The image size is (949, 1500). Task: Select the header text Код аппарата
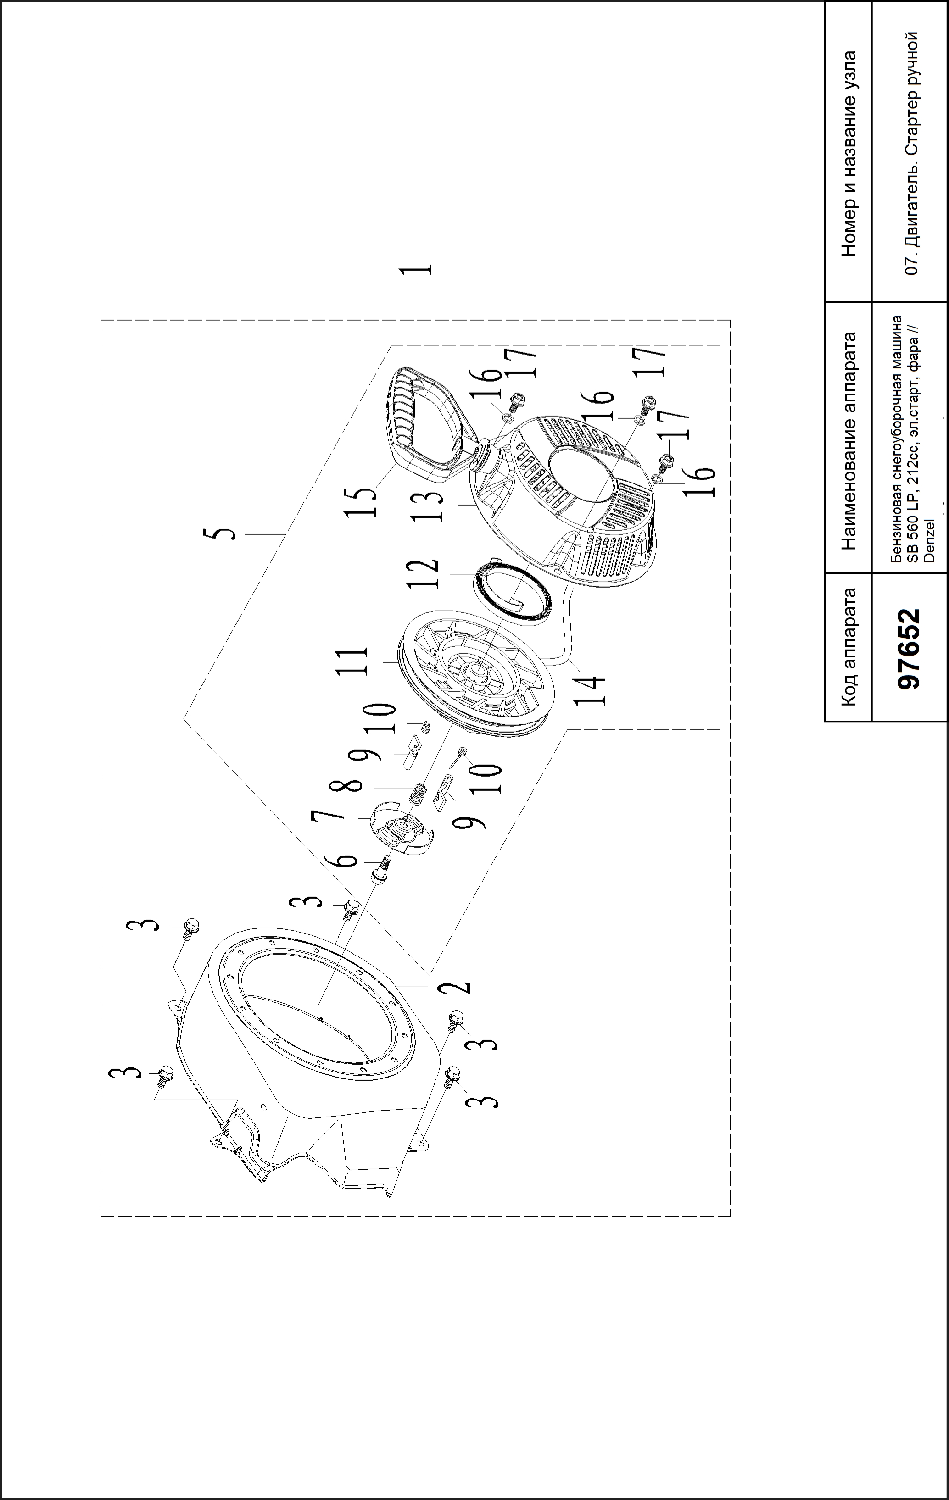click(848, 647)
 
